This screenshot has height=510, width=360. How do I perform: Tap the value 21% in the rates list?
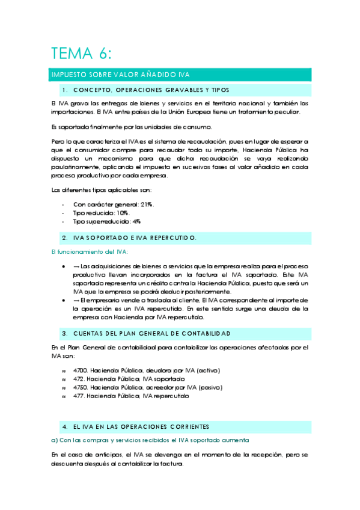[x=147, y=205]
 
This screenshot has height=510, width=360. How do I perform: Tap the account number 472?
[x=78, y=379]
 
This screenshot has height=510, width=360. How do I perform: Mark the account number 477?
[x=78, y=397]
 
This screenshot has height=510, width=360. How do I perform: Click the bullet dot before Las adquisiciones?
[x=64, y=265]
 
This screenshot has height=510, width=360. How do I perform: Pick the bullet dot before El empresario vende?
[x=64, y=300]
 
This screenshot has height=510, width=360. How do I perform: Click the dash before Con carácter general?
[x=64, y=205]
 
